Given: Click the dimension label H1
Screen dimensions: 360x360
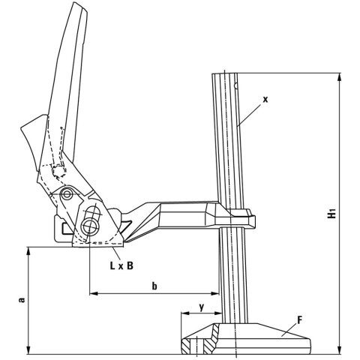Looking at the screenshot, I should tap(333, 213).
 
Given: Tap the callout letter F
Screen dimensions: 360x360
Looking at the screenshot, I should tap(301, 320).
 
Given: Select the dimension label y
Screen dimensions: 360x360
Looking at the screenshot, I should tap(200, 307).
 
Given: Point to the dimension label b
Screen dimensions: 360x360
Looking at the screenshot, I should tap(154, 285).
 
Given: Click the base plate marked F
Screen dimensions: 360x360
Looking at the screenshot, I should tap(247, 341).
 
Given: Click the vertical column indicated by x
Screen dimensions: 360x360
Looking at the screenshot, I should tap(229, 150).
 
